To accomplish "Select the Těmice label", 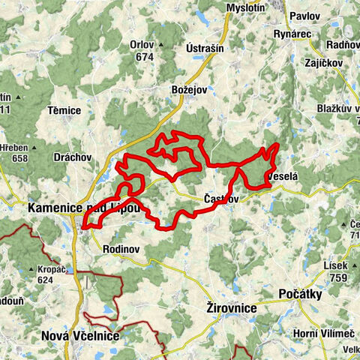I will pos(64,110).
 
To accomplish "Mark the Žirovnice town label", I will pos(232,308).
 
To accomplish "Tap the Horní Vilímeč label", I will pos(319,332).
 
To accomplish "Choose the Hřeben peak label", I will pos(15,147).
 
